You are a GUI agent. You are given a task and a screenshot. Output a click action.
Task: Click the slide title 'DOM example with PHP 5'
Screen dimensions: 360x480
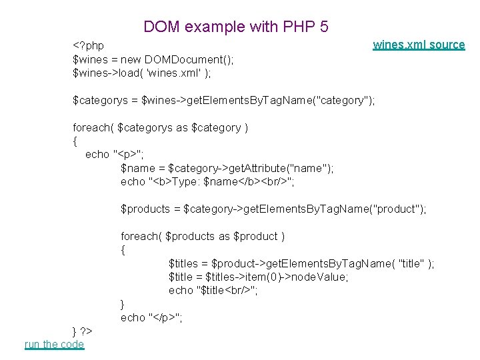click(x=236, y=27)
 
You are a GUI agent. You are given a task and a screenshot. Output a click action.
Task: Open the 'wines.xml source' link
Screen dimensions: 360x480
click(x=419, y=45)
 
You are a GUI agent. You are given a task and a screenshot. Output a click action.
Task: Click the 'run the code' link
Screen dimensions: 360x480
click(x=54, y=344)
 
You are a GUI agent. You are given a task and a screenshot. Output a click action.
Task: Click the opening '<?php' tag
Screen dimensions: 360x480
click(x=88, y=45)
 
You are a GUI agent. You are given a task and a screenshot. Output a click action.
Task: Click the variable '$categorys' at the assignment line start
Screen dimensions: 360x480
click(x=99, y=100)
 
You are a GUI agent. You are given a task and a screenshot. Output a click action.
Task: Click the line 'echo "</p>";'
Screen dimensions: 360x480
click(x=151, y=317)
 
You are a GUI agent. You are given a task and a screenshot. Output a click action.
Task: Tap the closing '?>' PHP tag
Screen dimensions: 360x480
click(x=86, y=331)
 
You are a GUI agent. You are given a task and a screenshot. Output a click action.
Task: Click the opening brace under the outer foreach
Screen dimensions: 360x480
click(x=75, y=141)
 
